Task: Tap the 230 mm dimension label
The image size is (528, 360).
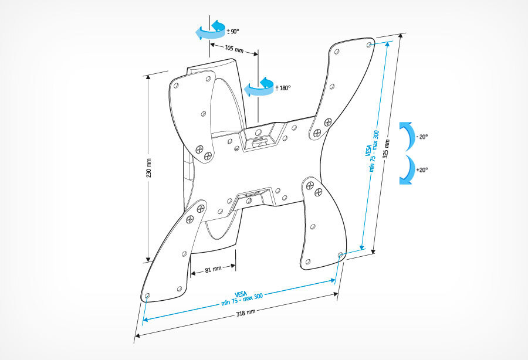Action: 150,169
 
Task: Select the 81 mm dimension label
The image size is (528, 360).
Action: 212,270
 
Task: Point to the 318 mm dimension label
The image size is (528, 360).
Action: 246,313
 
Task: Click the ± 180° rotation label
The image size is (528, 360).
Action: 283,88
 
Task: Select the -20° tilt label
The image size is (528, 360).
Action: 422,137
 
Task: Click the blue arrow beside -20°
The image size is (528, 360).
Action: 406,137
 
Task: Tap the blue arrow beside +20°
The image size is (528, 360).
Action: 406,170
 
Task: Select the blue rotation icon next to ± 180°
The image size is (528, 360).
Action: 259,87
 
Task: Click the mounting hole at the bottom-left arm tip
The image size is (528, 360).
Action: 147,295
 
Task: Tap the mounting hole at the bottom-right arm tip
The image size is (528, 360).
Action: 340,254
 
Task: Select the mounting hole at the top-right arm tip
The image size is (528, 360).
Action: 368,43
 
